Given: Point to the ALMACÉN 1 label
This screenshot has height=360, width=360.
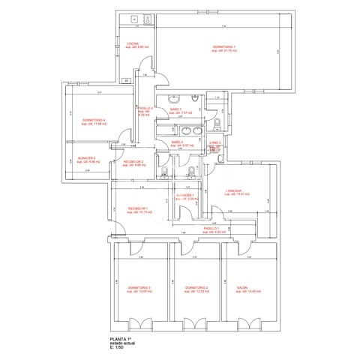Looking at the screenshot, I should click(185, 196).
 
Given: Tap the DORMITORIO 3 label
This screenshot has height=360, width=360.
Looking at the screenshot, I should click(139, 289).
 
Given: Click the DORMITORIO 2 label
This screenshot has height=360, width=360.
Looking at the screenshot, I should click(196, 289).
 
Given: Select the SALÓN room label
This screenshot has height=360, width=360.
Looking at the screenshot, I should click(243, 289).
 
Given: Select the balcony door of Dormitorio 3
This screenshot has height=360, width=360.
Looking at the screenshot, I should click(139, 325).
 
